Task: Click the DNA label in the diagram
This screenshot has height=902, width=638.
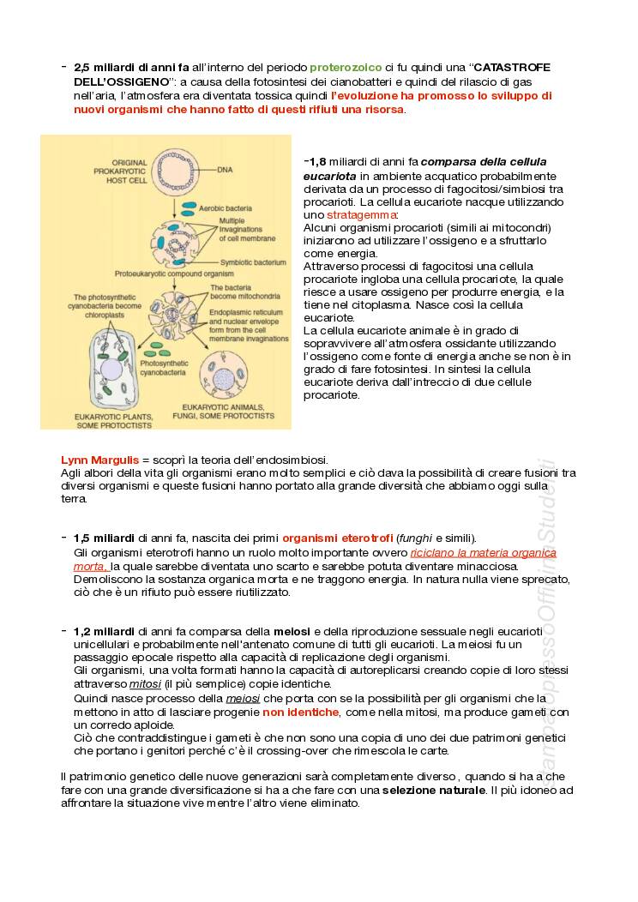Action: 225,170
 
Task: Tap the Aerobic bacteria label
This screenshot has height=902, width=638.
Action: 225,207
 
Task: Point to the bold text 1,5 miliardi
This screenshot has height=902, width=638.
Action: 104,538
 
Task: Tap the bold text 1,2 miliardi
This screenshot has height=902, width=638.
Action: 104,632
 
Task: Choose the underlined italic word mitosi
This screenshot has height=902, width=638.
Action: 145,684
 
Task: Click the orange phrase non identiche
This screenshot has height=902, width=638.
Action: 300,713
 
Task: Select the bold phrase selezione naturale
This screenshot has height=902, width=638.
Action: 433,790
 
